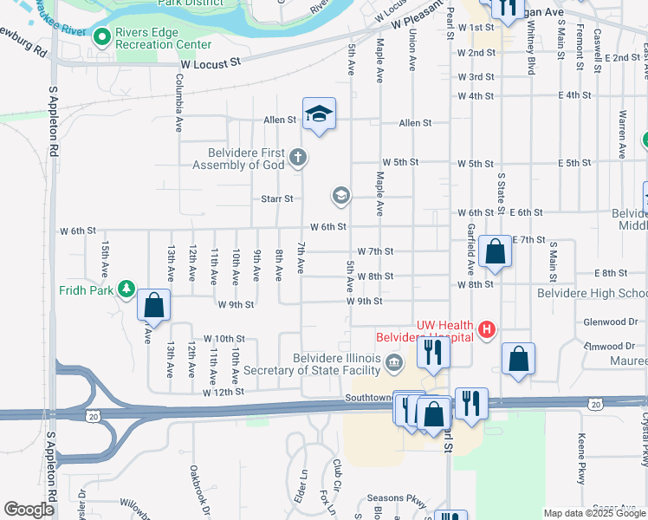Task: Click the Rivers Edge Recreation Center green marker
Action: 102,36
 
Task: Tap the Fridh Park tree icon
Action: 126,288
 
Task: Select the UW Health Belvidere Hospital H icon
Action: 488,329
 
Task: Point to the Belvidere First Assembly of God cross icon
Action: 298,158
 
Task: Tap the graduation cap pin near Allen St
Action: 319,114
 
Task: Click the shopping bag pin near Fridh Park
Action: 153,305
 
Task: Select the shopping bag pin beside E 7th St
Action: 496,252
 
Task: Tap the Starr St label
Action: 277,198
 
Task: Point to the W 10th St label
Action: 224,339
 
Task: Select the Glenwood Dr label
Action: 610,322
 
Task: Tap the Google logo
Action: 29,510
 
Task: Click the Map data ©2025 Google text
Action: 594,513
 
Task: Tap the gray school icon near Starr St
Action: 341,195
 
